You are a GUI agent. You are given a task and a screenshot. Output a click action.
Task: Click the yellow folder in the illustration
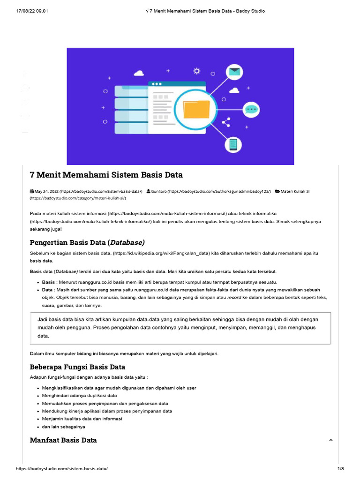click(196, 110)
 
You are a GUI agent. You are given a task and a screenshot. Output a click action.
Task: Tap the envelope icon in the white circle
click(234, 72)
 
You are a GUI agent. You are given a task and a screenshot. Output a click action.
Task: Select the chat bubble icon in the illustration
click(252, 110)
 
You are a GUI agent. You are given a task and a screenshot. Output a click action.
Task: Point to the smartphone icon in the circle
click(233, 144)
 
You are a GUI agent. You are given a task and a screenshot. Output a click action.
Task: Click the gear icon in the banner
click(197, 71)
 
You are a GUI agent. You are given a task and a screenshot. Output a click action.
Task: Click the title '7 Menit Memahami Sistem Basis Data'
click(106, 175)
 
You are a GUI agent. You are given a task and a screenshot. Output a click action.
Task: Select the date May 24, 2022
click(47, 191)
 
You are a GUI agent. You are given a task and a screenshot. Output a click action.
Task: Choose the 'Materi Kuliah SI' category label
click(295, 191)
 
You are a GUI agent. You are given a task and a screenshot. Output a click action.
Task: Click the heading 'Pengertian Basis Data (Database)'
click(87, 242)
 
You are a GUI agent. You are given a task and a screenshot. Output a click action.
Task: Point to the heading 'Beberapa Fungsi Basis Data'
click(77, 367)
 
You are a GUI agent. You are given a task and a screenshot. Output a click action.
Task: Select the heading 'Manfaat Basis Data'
click(63, 440)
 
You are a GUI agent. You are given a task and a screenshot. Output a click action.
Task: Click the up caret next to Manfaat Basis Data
click(331, 440)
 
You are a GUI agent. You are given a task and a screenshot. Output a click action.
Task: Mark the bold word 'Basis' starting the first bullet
click(48, 282)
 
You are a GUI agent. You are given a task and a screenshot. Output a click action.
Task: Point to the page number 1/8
click(340, 469)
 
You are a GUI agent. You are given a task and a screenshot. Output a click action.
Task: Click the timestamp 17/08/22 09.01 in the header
click(32, 11)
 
